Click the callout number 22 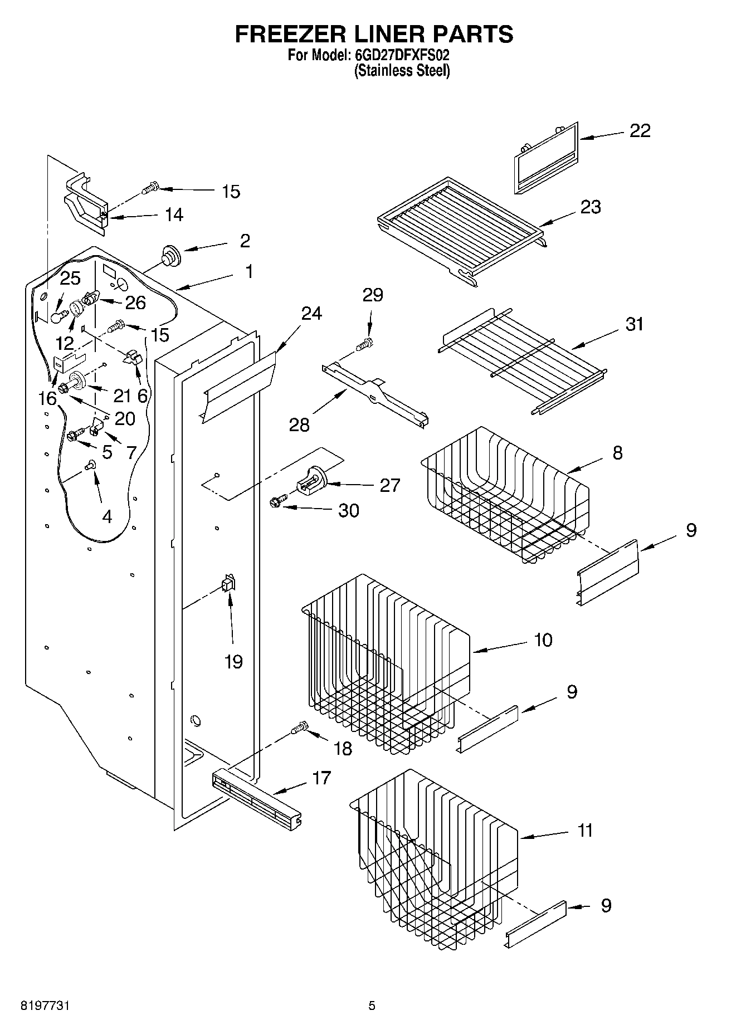pyautogui.click(x=640, y=130)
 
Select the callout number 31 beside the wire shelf pyautogui.click(x=635, y=324)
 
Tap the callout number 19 pyautogui.click(x=233, y=662)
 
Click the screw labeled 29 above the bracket pyautogui.click(x=366, y=344)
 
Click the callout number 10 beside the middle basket pyautogui.click(x=543, y=640)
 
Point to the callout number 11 pyautogui.click(x=584, y=831)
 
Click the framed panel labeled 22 pyautogui.click(x=544, y=159)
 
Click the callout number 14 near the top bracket pyautogui.click(x=174, y=214)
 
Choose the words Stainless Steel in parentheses pyautogui.click(x=402, y=71)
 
